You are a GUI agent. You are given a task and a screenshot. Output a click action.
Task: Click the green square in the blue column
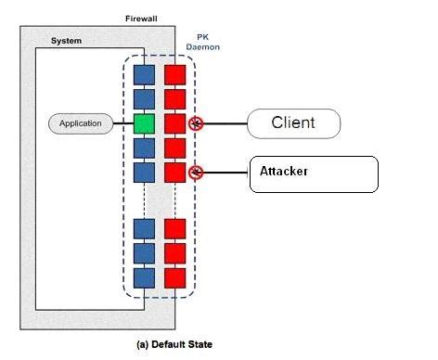tap(144, 122)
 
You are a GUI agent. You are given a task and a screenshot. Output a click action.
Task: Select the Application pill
tap(80, 122)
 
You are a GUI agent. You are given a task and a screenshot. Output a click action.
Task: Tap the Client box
tap(293, 122)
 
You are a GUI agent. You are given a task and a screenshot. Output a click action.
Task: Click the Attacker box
tap(313, 174)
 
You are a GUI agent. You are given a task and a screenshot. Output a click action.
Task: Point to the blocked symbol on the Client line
tap(195, 123)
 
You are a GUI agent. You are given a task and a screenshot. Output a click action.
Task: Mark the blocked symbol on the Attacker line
tap(195, 172)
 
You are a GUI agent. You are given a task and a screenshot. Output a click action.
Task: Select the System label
tap(66, 41)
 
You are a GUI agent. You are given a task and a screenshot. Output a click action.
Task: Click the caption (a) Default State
tap(175, 343)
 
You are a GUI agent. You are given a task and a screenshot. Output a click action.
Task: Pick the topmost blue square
tap(144, 74)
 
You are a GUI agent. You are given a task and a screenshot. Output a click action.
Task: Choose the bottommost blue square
tap(144, 277)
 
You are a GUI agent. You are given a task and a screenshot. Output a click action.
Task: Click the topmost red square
tap(175, 74)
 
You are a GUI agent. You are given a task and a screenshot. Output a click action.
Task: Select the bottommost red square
tap(175, 277)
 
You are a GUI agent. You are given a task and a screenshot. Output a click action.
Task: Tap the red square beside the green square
tap(175, 122)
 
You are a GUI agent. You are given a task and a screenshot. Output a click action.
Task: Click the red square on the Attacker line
tap(175, 172)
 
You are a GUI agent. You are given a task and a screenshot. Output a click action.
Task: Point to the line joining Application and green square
tap(122, 122)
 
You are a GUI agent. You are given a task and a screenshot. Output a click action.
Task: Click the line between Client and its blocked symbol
tap(224, 123)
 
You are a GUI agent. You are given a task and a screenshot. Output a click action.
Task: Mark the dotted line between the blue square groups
tap(144, 199)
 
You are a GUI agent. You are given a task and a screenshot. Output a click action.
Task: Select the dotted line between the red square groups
tap(175, 199)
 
